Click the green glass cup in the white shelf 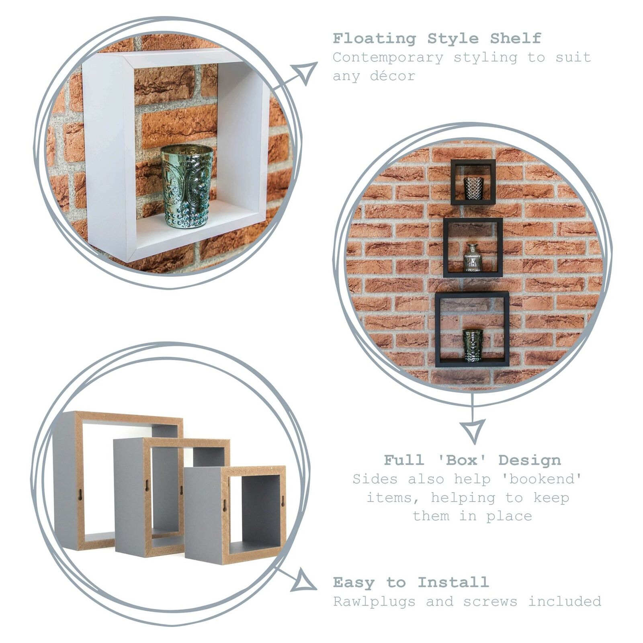[187, 186]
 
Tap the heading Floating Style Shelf [437, 39]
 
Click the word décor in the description [393, 76]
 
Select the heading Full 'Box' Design [472, 460]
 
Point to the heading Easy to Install [411, 582]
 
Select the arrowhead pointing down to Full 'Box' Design [472, 430]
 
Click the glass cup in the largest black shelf [473, 345]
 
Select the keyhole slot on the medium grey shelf [147, 485]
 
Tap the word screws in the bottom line [490, 602]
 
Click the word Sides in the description [375, 479]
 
